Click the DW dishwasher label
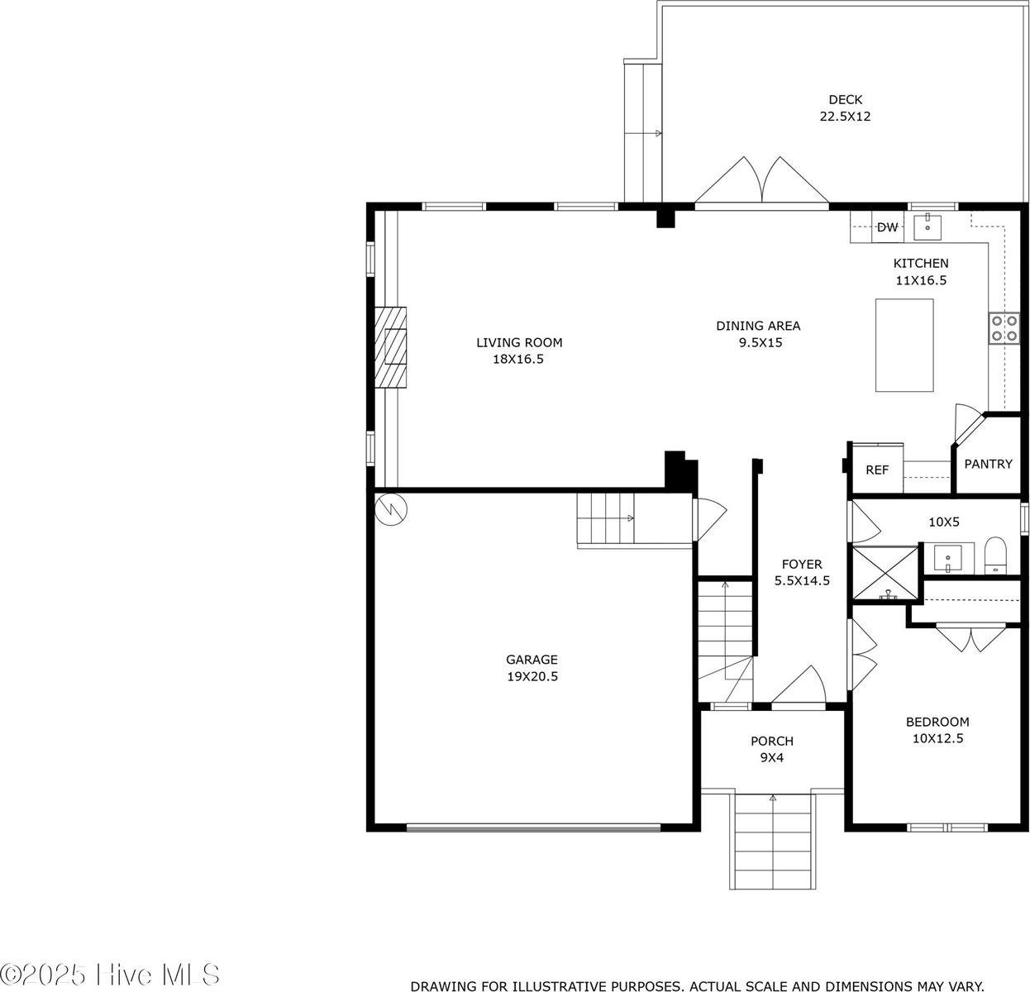(887, 227)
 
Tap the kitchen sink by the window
(927, 227)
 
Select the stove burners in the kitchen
(1004, 328)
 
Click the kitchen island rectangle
(904, 346)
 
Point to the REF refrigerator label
(877, 470)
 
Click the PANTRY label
(988, 464)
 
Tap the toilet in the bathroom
(995, 556)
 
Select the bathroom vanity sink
(948, 558)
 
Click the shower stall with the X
(884, 574)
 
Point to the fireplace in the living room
(391, 346)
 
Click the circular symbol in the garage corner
(391, 509)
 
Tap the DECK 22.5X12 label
(846, 107)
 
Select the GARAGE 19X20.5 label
(532, 667)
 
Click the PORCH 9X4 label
(772, 749)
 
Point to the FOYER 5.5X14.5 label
(802, 572)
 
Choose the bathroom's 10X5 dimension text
(944, 522)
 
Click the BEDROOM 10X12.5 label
(937, 729)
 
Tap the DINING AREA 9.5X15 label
(758, 333)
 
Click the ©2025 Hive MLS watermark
(110, 974)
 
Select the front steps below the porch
(772, 848)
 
